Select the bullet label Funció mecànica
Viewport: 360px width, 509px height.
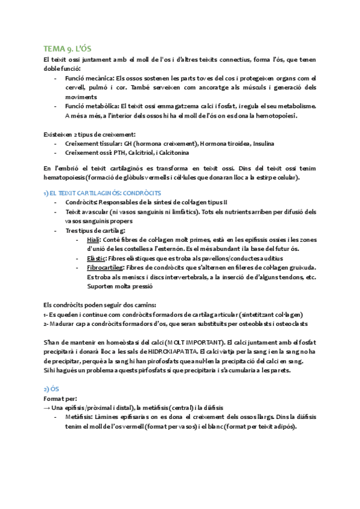(x=90, y=77)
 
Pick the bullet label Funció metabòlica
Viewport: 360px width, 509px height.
(x=92, y=106)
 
